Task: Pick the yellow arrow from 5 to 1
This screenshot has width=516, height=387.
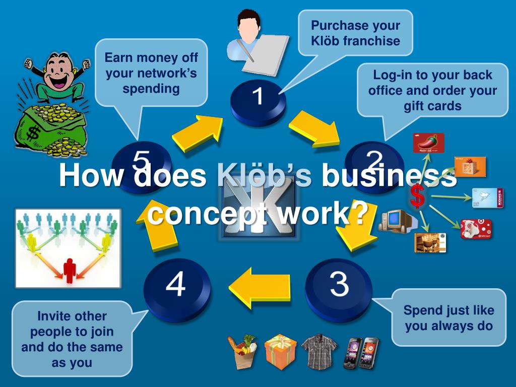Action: tap(199, 132)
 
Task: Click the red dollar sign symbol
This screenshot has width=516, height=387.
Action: tap(417, 196)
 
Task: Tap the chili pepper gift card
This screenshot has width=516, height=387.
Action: tap(428, 143)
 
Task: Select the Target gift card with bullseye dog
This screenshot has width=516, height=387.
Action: tap(476, 229)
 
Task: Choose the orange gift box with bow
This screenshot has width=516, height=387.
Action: tap(281, 351)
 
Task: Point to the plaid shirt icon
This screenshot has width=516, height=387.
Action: tap(319, 351)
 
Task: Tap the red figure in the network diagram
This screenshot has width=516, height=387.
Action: tap(69, 269)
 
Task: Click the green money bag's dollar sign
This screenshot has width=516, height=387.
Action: tap(34, 134)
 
